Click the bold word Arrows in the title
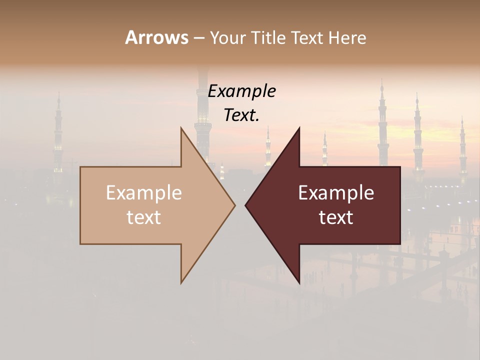tap(156, 37)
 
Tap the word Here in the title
tap(348, 37)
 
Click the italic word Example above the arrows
tap(242, 91)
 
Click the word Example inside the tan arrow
tap(144, 192)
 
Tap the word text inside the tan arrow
tap(144, 217)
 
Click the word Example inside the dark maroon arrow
tap(336, 192)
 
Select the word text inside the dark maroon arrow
tap(336, 217)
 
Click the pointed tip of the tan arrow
tap(234, 205)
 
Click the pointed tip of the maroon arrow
tap(246, 205)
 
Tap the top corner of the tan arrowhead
tap(181, 128)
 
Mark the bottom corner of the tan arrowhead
tap(181, 282)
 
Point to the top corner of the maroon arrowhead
tap(299, 128)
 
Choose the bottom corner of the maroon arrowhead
tap(299, 283)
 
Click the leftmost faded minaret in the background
tap(58, 135)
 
